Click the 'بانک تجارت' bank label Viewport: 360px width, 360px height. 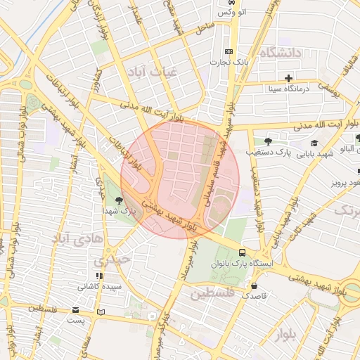coord(231,63)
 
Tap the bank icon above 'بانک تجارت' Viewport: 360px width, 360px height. coord(228,52)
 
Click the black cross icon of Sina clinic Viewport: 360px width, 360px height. coord(288,77)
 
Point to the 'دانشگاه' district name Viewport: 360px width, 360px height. coord(280,53)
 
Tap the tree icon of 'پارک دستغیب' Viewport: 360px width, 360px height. coord(268,141)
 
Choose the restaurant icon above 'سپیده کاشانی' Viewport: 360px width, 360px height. coord(99,275)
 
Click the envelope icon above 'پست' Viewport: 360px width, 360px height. coord(76,310)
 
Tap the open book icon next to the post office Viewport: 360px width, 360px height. coord(101,311)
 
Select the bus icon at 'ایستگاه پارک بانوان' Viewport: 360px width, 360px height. coord(242,252)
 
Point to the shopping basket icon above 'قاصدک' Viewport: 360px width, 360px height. coord(253,285)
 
